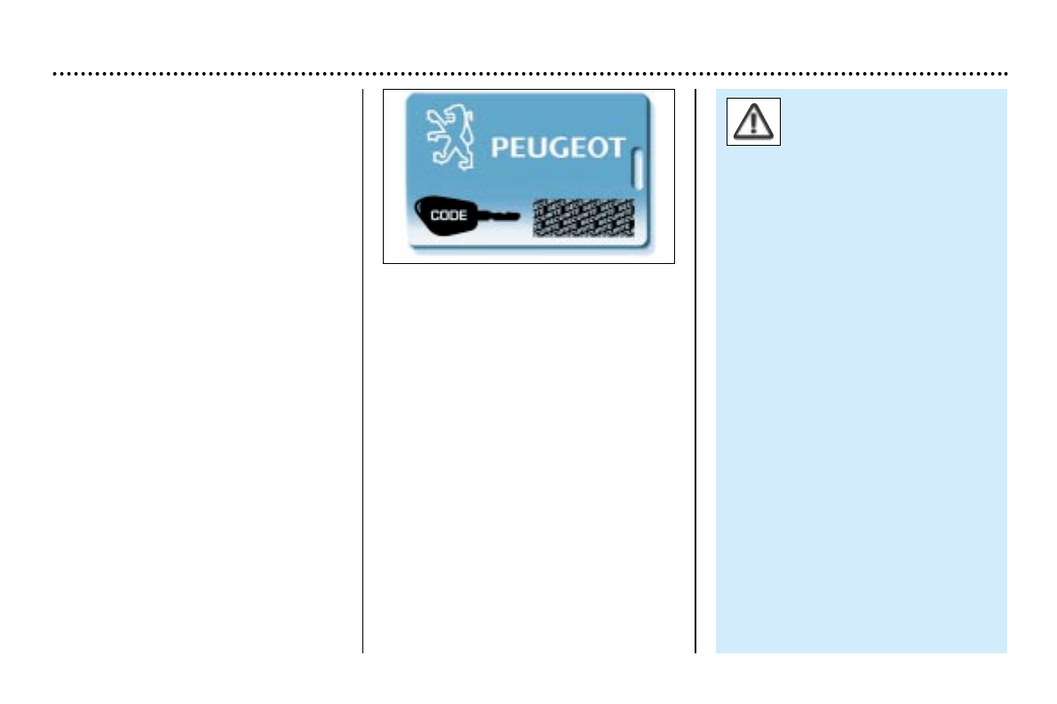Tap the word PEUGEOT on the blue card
tap(558, 147)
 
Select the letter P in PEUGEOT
tap(501, 147)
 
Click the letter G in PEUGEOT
tap(558, 147)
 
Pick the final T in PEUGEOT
tap(616, 147)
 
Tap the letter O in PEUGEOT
tap(598, 147)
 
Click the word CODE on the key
tap(449, 216)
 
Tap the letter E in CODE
tap(463, 216)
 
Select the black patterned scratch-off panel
tap(583, 218)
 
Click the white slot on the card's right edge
tap(636, 168)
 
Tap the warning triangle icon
tap(753, 122)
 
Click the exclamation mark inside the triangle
tap(753, 123)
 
